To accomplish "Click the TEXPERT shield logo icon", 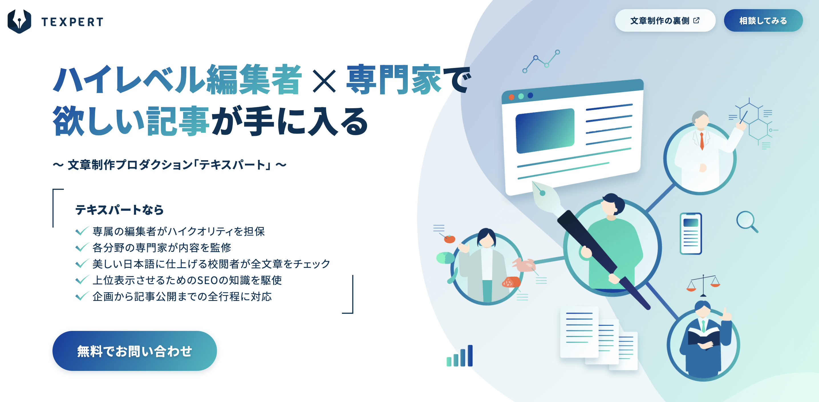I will [19, 21].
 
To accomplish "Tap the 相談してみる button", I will [763, 21].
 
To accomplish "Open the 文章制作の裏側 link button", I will [665, 21].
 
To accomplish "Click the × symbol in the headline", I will [324, 81].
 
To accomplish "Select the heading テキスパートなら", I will [119, 210].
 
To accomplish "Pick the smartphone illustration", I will [691, 234].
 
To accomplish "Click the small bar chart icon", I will [460, 357].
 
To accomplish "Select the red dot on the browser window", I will [512, 97].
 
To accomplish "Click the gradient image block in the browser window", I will [545, 130].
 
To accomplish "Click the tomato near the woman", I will [449, 239].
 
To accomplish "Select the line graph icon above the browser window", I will [541, 61].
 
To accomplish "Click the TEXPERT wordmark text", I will [72, 22].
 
